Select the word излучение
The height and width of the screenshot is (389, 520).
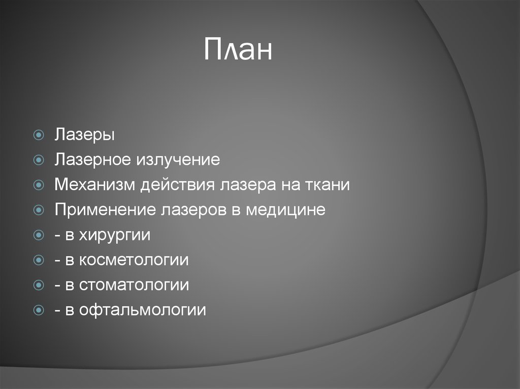pos(177,160)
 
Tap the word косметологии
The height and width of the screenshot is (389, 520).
pos(134,260)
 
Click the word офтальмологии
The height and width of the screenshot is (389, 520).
pos(142,310)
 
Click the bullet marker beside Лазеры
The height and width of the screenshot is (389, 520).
pos(39,135)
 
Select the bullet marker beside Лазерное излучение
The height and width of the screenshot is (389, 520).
pos(39,160)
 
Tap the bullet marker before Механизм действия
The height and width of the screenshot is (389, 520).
pos(39,185)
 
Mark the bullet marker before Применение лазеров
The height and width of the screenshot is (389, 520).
pos(39,210)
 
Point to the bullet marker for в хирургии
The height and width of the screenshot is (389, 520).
pos(39,235)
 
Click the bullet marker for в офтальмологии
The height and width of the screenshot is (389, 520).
pos(39,310)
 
